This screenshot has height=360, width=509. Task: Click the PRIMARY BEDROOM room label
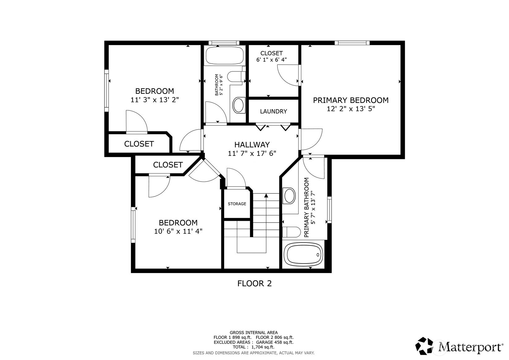coord(351,100)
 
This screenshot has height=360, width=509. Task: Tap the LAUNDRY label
coord(274,111)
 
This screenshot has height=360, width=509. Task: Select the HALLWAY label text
coord(252,145)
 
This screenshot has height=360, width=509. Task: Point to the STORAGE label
coord(237,204)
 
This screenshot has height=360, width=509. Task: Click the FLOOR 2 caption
coord(255,283)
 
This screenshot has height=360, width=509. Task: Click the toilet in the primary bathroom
coord(291,232)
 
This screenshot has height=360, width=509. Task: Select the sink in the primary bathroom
coord(290,195)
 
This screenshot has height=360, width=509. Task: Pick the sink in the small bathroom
coord(239,105)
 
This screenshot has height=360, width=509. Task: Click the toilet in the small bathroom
coord(236,76)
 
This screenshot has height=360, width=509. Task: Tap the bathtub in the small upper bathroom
coord(224,55)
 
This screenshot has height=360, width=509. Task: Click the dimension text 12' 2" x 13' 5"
coord(351,109)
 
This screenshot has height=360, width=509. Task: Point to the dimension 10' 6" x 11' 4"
coord(178,231)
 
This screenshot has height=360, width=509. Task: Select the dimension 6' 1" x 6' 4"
coord(272,60)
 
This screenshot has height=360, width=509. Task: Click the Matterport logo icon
coord(424,346)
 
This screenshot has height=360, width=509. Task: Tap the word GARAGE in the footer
coord(265,342)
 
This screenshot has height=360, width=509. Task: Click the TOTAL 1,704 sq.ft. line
coord(254,347)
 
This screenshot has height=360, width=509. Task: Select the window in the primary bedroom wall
coord(352,43)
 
